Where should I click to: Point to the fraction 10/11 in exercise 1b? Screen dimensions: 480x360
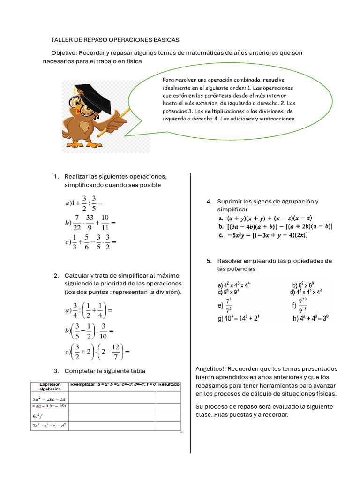click(105, 222)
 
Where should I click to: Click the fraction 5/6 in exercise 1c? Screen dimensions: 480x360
click(87, 242)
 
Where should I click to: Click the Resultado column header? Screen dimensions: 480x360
click(169, 384)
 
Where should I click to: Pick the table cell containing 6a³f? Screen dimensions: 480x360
click(50, 416)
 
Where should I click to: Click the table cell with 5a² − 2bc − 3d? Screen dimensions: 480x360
click(50, 397)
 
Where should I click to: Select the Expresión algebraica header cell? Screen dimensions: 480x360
click(50, 386)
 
